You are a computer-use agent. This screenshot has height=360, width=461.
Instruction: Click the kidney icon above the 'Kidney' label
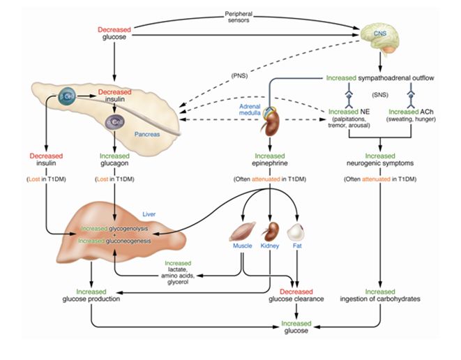coord(270,230)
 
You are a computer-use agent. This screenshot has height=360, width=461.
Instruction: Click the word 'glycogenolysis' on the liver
coord(133,228)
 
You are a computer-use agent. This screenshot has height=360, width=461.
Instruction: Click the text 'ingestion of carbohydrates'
coord(381,299)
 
